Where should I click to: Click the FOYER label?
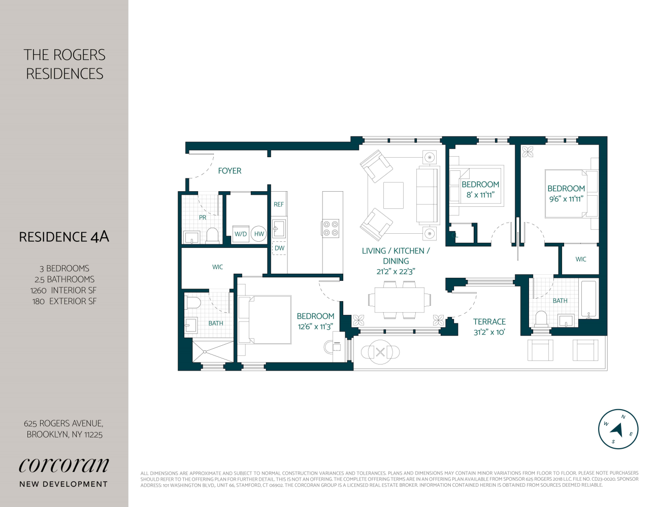(x=230, y=171)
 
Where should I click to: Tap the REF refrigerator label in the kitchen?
(x=278, y=204)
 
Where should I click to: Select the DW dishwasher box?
(x=280, y=248)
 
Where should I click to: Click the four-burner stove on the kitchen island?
(x=331, y=229)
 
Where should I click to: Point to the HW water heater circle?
(x=259, y=234)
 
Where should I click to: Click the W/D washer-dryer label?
(x=241, y=234)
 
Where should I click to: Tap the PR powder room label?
(x=202, y=218)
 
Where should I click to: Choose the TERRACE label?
(x=489, y=322)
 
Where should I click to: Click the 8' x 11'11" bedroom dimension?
(x=480, y=195)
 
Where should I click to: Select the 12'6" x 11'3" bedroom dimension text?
(x=315, y=327)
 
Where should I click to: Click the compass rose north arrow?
(x=617, y=430)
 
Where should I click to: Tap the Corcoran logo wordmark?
(x=64, y=465)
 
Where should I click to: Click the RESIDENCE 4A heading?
(x=64, y=237)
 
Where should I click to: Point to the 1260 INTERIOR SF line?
(x=63, y=291)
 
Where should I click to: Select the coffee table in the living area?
(x=393, y=195)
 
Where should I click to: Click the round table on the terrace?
(x=380, y=352)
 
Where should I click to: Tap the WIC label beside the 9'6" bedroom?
(x=580, y=259)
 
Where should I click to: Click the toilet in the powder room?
(x=212, y=236)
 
